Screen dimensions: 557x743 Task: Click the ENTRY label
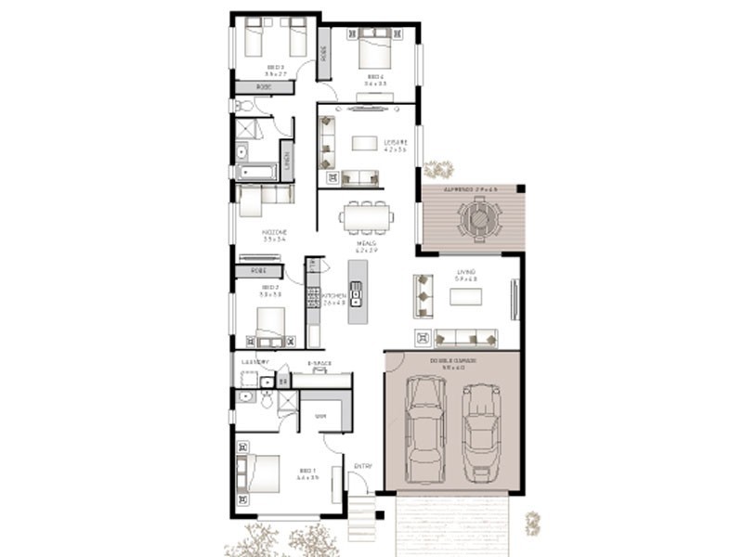coord(362,465)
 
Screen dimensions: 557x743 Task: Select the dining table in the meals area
coord(367,217)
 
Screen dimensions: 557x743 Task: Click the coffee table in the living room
coord(466,296)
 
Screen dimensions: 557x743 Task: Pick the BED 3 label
coord(276,67)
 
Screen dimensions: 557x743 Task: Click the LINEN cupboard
coord(287,161)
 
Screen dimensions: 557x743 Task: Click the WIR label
coord(321,416)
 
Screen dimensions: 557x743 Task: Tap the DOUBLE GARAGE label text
coord(453,360)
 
